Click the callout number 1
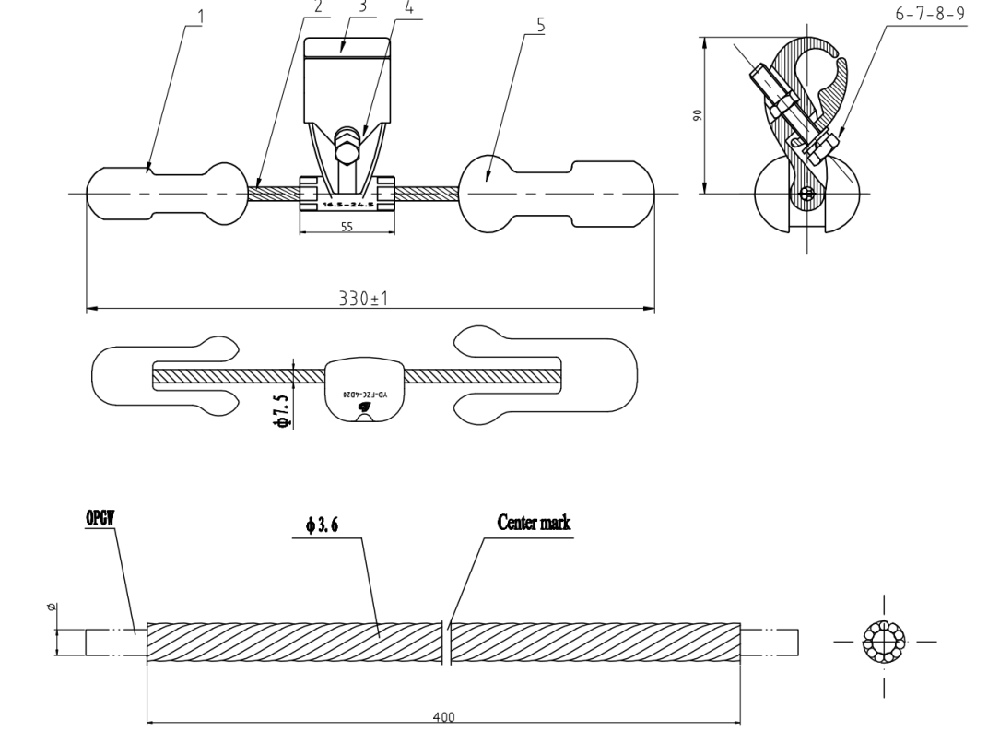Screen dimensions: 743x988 tap(202, 17)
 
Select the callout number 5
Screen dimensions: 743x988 tap(541, 25)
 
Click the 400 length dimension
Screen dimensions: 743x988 tap(443, 716)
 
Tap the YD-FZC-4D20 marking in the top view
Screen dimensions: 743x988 tap(353, 392)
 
